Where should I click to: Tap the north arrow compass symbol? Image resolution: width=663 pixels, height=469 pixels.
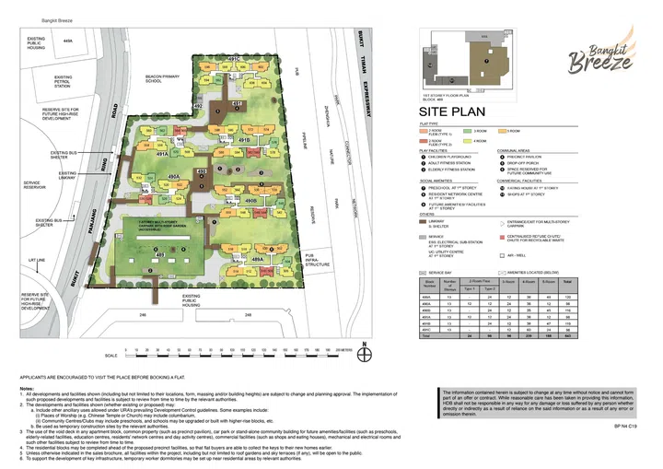[x=366, y=352]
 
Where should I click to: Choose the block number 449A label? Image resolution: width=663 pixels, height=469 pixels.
[x=65, y=41]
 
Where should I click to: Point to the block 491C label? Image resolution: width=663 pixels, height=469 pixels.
[x=232, y=60]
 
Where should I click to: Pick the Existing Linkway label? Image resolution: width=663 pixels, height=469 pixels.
[x=68, y=174]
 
